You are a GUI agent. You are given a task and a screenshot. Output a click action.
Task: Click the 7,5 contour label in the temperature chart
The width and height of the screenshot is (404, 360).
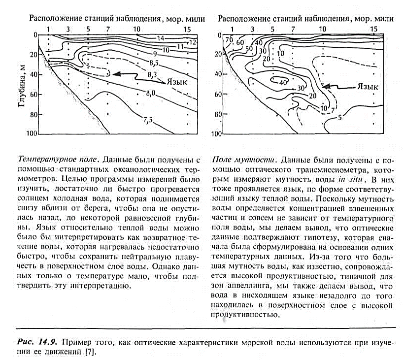point(148,119)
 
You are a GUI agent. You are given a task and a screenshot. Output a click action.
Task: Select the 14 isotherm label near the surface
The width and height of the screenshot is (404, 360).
point(160,38)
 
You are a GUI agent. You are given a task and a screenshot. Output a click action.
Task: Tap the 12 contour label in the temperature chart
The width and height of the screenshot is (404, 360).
point(193,42)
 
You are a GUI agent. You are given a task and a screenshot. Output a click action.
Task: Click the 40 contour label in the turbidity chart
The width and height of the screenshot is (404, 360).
point(282,82)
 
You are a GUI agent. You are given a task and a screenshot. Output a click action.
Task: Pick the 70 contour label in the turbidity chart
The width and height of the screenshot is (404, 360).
point(229,39)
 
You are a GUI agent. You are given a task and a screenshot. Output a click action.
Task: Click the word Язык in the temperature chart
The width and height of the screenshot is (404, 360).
point(177,82)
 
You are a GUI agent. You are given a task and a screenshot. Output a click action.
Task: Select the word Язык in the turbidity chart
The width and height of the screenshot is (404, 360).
point(367,87)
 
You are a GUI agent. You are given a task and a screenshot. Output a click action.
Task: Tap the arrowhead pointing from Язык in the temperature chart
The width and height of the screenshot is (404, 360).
point(115,74)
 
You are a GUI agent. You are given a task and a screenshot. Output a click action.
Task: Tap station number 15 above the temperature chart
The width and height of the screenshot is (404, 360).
point(188,29)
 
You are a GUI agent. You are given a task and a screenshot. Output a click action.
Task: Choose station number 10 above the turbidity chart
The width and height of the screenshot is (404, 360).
point(322,29)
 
